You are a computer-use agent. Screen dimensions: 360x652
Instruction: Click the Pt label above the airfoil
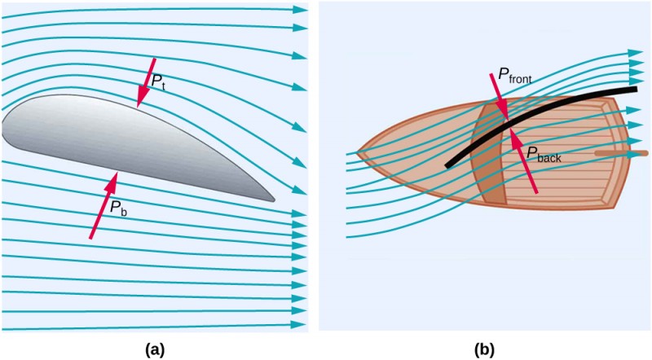point(158,81)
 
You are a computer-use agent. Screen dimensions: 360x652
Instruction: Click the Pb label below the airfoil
point(118,209)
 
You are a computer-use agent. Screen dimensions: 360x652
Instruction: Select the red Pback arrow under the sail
point(524,159)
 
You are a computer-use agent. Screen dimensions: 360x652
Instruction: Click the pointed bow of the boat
point(359,152)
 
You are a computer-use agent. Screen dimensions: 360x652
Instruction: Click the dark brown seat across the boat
point(489,155)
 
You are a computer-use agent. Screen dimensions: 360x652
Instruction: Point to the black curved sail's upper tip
point(634,89)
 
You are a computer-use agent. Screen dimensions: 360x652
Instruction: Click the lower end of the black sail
point(448,165)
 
